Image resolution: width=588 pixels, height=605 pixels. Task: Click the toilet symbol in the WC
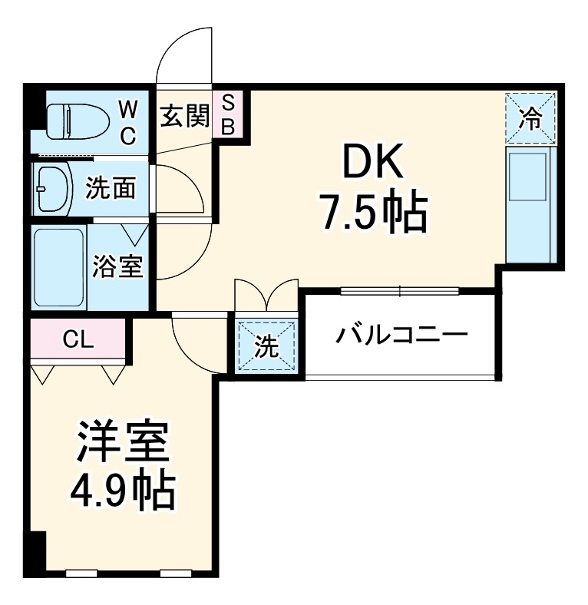tap(68, 121)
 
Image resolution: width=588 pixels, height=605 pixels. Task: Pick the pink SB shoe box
tap(228, 114)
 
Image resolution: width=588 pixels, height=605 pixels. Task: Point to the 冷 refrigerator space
tap(530, 117)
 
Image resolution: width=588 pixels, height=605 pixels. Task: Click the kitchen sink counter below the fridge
tap(530, 203)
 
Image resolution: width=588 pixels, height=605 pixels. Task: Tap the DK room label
tap(372, 164)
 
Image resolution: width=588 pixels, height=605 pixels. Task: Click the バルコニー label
tap(402, 335)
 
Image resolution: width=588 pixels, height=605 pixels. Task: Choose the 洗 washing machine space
tap(266, 346)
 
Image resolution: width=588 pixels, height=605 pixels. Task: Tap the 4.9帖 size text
tap(122, 490)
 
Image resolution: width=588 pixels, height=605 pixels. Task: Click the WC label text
tap(127, 121)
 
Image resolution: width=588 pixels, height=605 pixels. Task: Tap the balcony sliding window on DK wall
tap(400, 291)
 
